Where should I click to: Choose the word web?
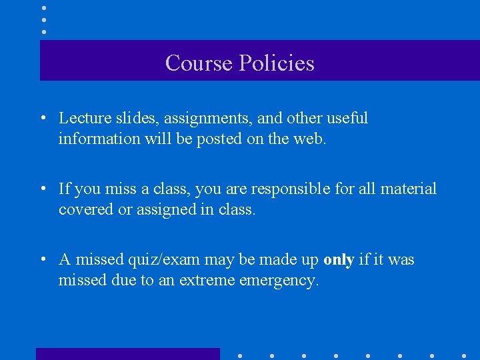311,139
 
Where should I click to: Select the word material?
408,189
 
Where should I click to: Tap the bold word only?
338,259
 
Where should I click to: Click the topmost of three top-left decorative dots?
43,8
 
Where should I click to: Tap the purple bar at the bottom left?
127,353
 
